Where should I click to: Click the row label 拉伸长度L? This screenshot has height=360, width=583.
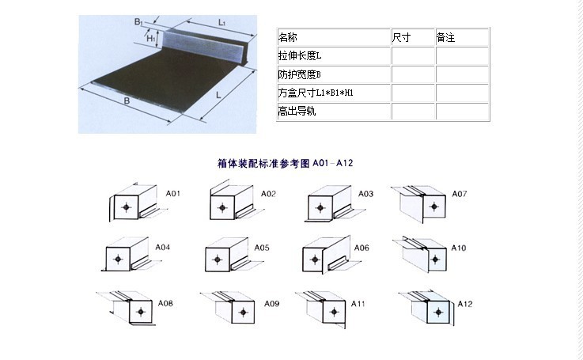[300, 56]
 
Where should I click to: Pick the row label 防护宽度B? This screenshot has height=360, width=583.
[300, 74]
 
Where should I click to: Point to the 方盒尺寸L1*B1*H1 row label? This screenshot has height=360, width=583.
[316, 93]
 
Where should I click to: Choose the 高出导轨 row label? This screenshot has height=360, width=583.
[297, 111]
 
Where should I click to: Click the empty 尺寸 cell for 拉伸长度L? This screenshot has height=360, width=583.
[413, 56]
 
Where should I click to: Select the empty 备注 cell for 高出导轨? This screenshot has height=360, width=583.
[462, 112]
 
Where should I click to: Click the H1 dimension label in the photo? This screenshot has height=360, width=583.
[150, 38]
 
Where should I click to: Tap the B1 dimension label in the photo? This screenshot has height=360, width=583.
[138, 22]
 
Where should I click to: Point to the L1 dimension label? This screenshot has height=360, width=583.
[222, 23]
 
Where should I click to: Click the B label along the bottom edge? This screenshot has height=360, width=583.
[127, 100]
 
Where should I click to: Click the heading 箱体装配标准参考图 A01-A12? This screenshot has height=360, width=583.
[286, 163]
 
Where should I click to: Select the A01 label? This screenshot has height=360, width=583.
[173, 193]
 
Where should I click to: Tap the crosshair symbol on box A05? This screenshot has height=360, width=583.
[218, 259]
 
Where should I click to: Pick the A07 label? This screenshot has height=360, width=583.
[460, 194]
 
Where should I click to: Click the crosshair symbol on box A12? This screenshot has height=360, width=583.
[438, 312]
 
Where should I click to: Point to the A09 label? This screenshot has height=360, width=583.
[272, 304]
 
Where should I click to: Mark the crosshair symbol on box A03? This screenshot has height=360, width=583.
[320, 207]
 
